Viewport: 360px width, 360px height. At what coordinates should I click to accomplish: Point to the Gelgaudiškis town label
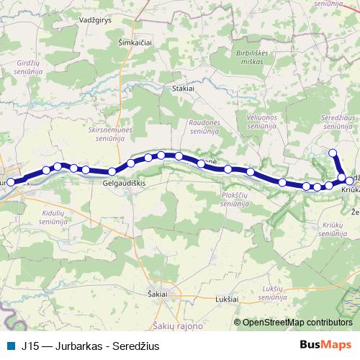click(x=125, y=184)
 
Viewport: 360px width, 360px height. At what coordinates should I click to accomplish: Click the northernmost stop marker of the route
click(x=333, y=153)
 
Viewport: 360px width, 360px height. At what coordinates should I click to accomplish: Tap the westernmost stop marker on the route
click(x=11, y=183)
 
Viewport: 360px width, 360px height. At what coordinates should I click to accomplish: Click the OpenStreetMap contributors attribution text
click(x=297, y=323)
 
